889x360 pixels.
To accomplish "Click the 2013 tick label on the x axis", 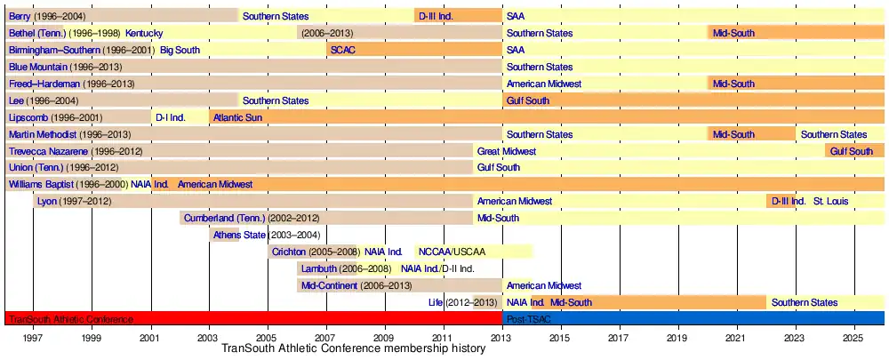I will click(x=502, y=338).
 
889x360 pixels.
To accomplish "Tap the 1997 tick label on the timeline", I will click(x=33, y=338).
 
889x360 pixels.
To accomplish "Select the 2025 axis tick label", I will click(x=853, y=338).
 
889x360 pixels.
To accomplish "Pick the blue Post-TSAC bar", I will click(x=693, y=319).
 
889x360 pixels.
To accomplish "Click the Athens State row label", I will click(x=240, y=235).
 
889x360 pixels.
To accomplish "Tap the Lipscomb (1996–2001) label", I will click(x=55, y=117).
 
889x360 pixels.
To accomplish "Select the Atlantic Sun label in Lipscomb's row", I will click(x=237, y=117).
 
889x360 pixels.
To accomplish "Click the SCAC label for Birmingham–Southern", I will click(x=343, y=50).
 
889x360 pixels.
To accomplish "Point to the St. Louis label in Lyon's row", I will click(x=831, y=202).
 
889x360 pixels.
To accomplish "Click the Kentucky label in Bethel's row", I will click(x=144, y=33).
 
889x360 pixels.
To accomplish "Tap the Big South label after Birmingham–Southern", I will click(x=180, y=50).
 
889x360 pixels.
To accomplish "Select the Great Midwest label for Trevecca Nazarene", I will click(x=507, y=151).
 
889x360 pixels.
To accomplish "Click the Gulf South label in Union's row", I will click(x=499, y=167).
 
